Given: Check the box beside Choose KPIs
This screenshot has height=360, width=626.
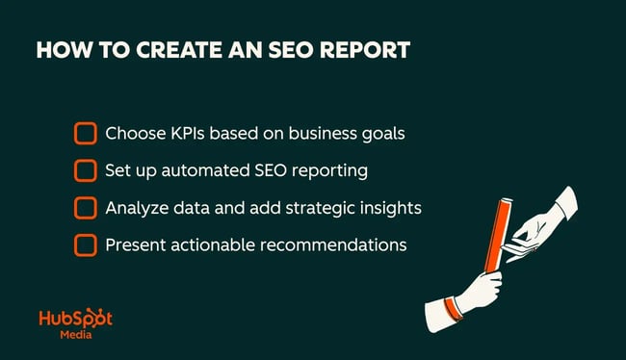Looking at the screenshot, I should pos(86,133).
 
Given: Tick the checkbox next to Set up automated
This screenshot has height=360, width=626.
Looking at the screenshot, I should pos(86,170).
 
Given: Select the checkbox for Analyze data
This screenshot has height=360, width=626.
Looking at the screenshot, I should pos(86,208).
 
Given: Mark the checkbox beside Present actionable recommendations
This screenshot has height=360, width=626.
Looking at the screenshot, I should pos(86,245).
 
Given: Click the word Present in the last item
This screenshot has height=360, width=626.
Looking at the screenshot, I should pos(135,245).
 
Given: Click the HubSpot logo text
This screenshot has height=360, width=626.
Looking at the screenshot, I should pos(75,320).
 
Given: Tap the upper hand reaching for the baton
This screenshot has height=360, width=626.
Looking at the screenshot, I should pos(550,213).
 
